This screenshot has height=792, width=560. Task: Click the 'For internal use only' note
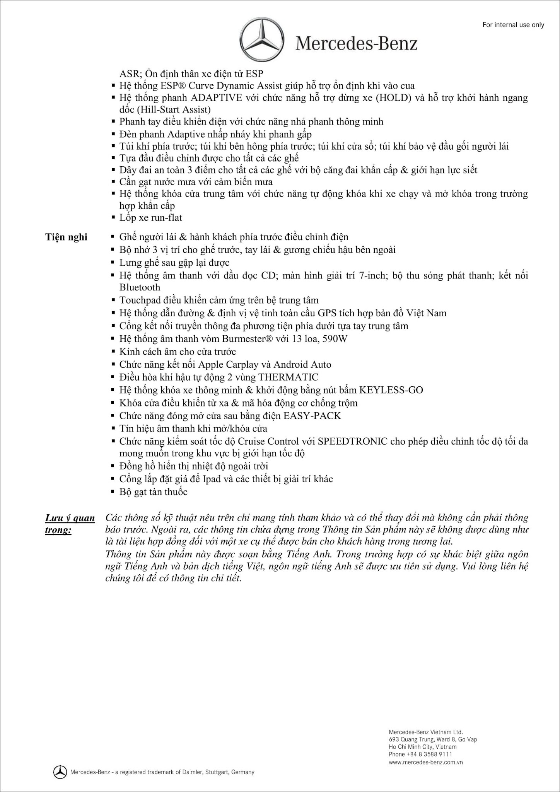(513, 25)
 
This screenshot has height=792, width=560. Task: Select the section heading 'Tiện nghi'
(66, 237)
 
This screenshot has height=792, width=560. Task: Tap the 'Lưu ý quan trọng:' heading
(70, 524)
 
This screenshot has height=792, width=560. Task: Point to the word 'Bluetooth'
(140, 287)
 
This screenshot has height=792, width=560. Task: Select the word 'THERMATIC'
(288, 377)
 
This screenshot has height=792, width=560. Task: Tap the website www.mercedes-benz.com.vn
(425, 762)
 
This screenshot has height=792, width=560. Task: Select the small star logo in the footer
(60, 772)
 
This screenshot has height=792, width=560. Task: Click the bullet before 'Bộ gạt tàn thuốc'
(113, 492)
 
